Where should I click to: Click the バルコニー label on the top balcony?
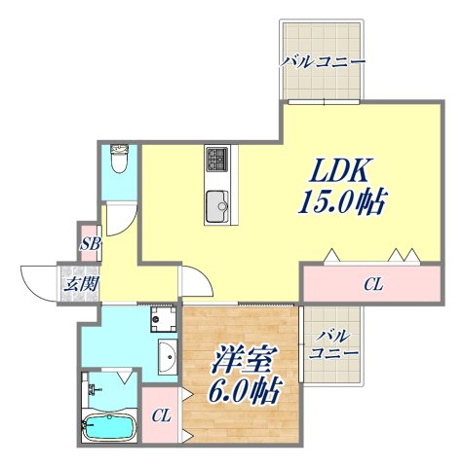(x=323, y=62)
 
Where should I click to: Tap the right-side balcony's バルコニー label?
(x=331, y=345)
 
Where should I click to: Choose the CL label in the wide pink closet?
(x=373, y=285)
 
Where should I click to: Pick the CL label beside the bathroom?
(x=162, y=415)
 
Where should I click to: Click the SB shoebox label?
(x=90, y=243)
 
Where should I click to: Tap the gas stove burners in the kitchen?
(x=216, y=159)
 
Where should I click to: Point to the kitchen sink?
(x=216, y=205)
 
